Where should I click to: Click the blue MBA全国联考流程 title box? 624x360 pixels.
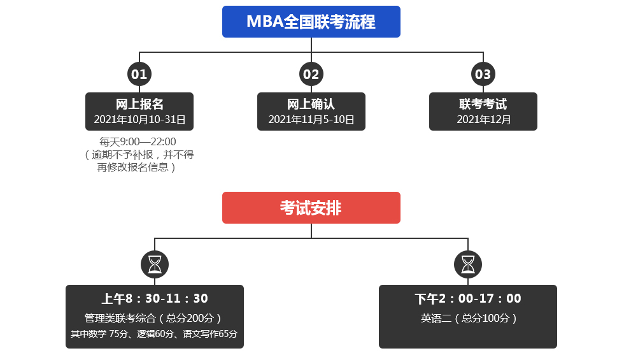[x=311, y=22]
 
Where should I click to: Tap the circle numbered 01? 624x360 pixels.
[x=139, y=74]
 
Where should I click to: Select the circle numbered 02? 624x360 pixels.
[x=311, y=74]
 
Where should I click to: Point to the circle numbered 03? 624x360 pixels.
[x=483, y=74]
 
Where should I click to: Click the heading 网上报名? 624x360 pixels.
[x=139, y=104]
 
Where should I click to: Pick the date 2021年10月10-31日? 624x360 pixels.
[x=139, y=119]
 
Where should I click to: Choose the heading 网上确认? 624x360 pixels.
[x=311, y=104]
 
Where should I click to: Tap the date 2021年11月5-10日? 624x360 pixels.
[x=311, y=119]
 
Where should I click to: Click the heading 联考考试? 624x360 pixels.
[x=483, y=104]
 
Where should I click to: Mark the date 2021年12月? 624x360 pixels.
[x=483, y=119]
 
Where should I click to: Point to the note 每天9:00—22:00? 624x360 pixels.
[x=138, y=141]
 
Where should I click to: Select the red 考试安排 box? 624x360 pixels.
[x=311, y=208]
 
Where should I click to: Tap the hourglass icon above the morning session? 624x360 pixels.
[x=155, y=264]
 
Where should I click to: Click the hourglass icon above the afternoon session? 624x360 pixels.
[x=468, y=264]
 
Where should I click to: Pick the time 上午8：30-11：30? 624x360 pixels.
[x=155, y=299]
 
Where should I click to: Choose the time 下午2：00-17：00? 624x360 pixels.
[x=468, y=299]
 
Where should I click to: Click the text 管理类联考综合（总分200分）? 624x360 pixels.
[x=155, y=318]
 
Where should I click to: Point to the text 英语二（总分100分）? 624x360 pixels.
[x=468, y=318]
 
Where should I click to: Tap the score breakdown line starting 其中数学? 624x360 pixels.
[x=155, y=334]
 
